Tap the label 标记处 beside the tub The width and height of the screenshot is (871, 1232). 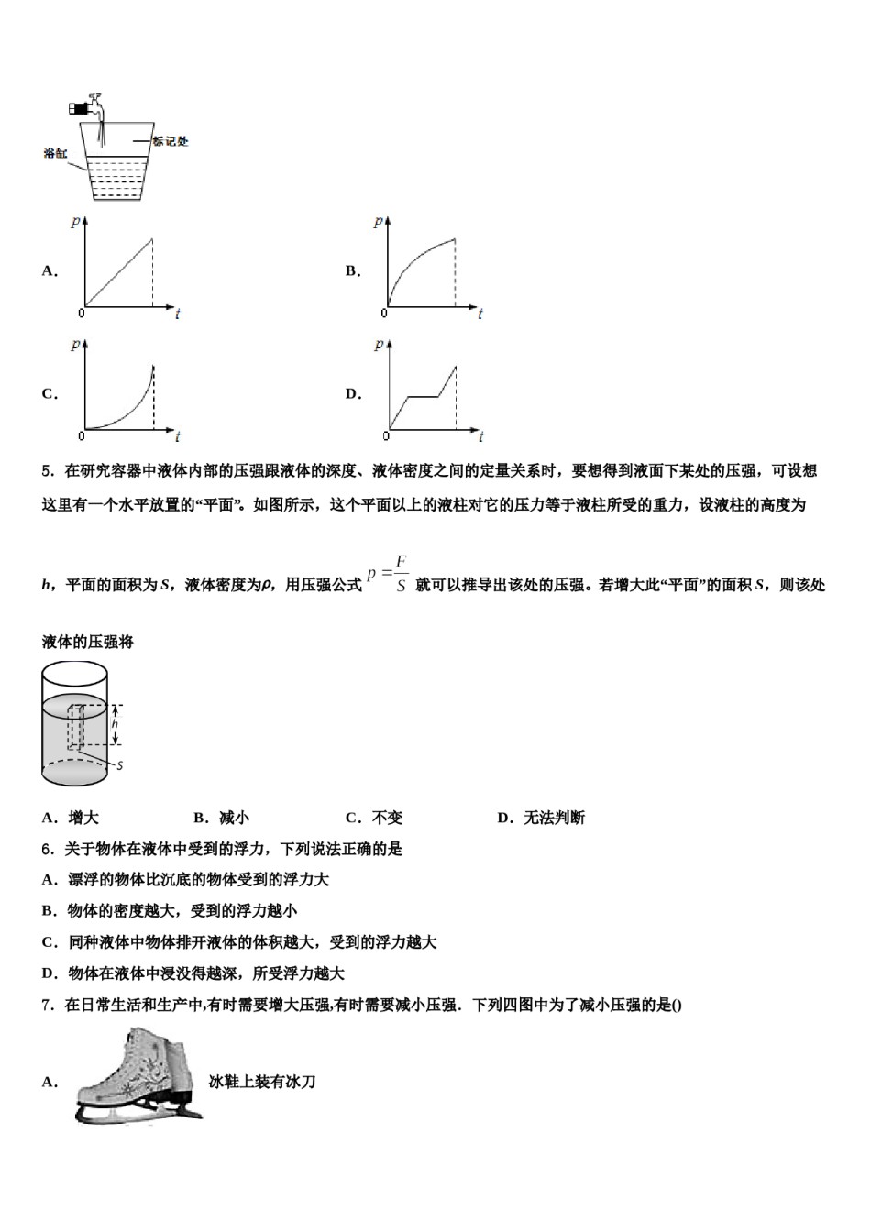pyautogui.click(x=170, y=141)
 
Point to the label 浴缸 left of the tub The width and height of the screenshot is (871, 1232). pyautogui.click(x=55, y=153)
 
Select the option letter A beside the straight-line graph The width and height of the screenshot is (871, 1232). pyautogui.click(x=50, y=270)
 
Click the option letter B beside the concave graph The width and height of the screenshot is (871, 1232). pyautogui.click(x=352, y=270)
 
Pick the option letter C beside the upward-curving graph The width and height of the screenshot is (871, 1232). pyautogui.click(x=50, y=394)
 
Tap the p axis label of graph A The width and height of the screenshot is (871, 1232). pyautogui.click(x=74, y=222)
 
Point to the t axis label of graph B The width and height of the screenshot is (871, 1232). pyautogui.click(x=480, y=314)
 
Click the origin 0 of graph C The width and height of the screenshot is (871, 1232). pyautogui.click(x=81, y=436)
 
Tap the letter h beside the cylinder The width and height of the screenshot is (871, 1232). pyautogui.click(x=115, y=724)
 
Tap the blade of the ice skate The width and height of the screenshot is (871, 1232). pyautogui.click(x=138, y=1112)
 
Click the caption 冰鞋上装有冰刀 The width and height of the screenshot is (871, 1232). pyautogui.click(x=262, y=1082)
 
